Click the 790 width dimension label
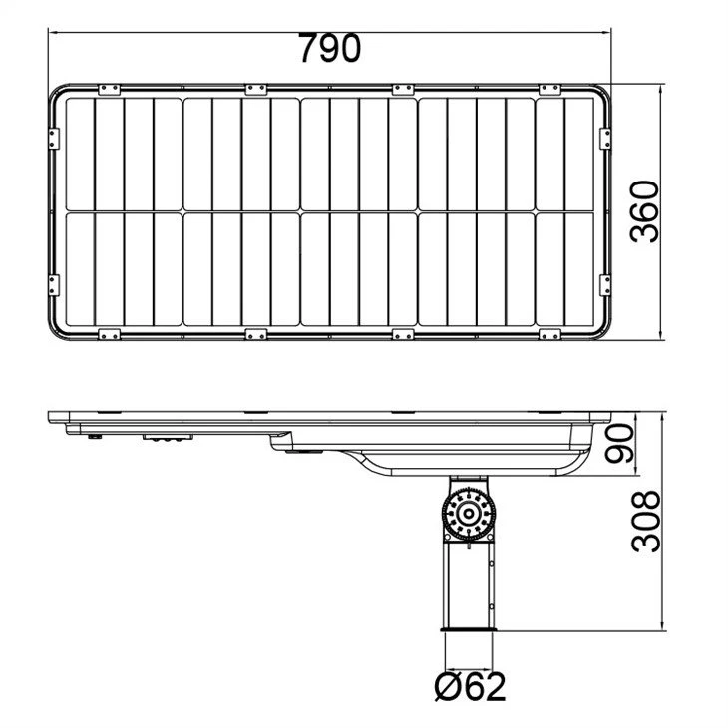tap(329, 48)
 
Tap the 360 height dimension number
tap(644, 211)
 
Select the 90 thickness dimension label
tap(620, 444)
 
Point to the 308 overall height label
tap(646, 522)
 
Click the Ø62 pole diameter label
tap(470, 687)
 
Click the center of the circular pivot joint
tap(469, 514)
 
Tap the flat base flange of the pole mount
tap(468, 629)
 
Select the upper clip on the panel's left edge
tap(54, 139)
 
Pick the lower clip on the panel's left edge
tap(54, 285)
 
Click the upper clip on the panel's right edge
tap(605, 139)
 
